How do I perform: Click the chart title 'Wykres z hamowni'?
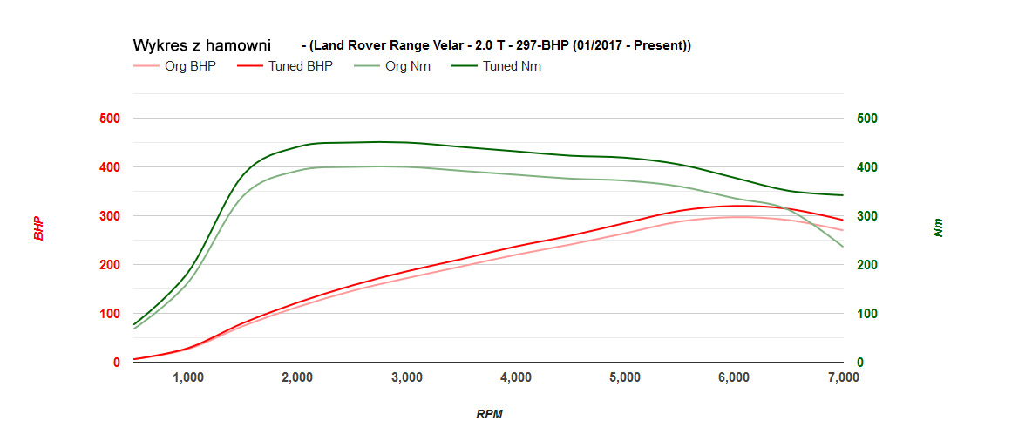(x=201, y=44)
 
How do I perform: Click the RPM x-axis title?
(x=489, y=414)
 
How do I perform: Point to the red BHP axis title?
(x=38, y=228)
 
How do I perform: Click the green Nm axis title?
(x=938, y=228)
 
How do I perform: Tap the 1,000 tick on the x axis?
(x=188, y=377)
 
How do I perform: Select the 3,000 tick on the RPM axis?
(x=407, y=377)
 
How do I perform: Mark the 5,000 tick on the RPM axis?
(x=625, y=377)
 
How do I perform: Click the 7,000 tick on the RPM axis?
(x=842, y=377)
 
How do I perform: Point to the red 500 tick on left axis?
(x=110, y=119)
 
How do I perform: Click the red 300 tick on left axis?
(x=110, y=216)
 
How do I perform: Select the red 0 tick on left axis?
(x=116, y=363)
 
